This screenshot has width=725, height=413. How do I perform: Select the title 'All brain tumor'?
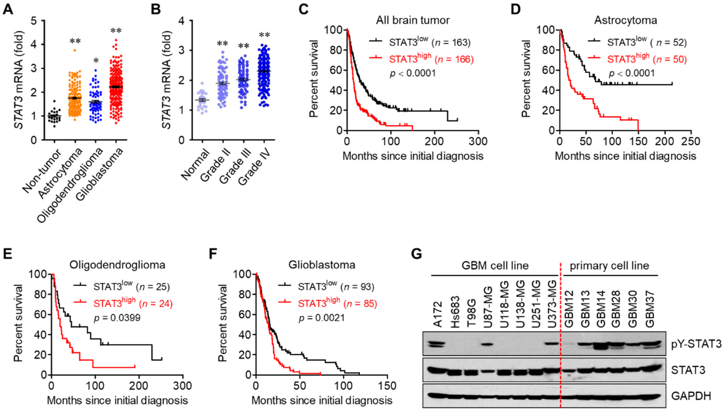coord(413,20)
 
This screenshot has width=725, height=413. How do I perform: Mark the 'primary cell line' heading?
coord(609,266)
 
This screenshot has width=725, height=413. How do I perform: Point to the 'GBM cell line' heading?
coord(495,266)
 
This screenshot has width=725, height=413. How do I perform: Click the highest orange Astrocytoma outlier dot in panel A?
coord(75,50)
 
